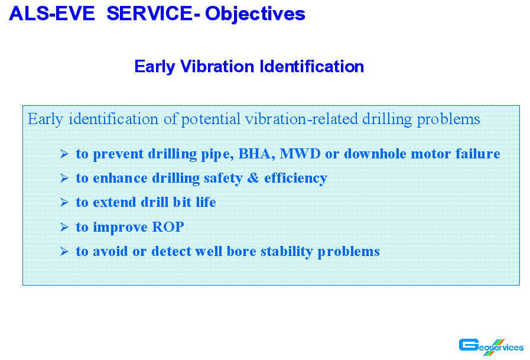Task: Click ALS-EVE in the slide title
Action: tap(52, 14)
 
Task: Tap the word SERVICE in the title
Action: tap(149, 14)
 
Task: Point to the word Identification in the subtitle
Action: tap(311, 66)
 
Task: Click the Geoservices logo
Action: tap(491, 347)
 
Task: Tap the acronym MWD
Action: tap(300, 154)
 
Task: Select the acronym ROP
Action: tap(168, 227)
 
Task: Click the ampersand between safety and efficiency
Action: tap(253, 178)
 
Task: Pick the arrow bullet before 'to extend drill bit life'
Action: tap(64, 202)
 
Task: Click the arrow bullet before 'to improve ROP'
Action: tap(64, 227)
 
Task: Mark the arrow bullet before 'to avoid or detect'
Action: tap(64, 251)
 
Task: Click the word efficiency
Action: tap(296, 179)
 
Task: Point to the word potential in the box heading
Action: tap(211, 119)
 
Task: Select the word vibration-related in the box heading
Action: tap(301, 119)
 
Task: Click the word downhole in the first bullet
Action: tap(375, 154)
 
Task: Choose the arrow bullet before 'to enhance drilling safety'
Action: tap(64, 178)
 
